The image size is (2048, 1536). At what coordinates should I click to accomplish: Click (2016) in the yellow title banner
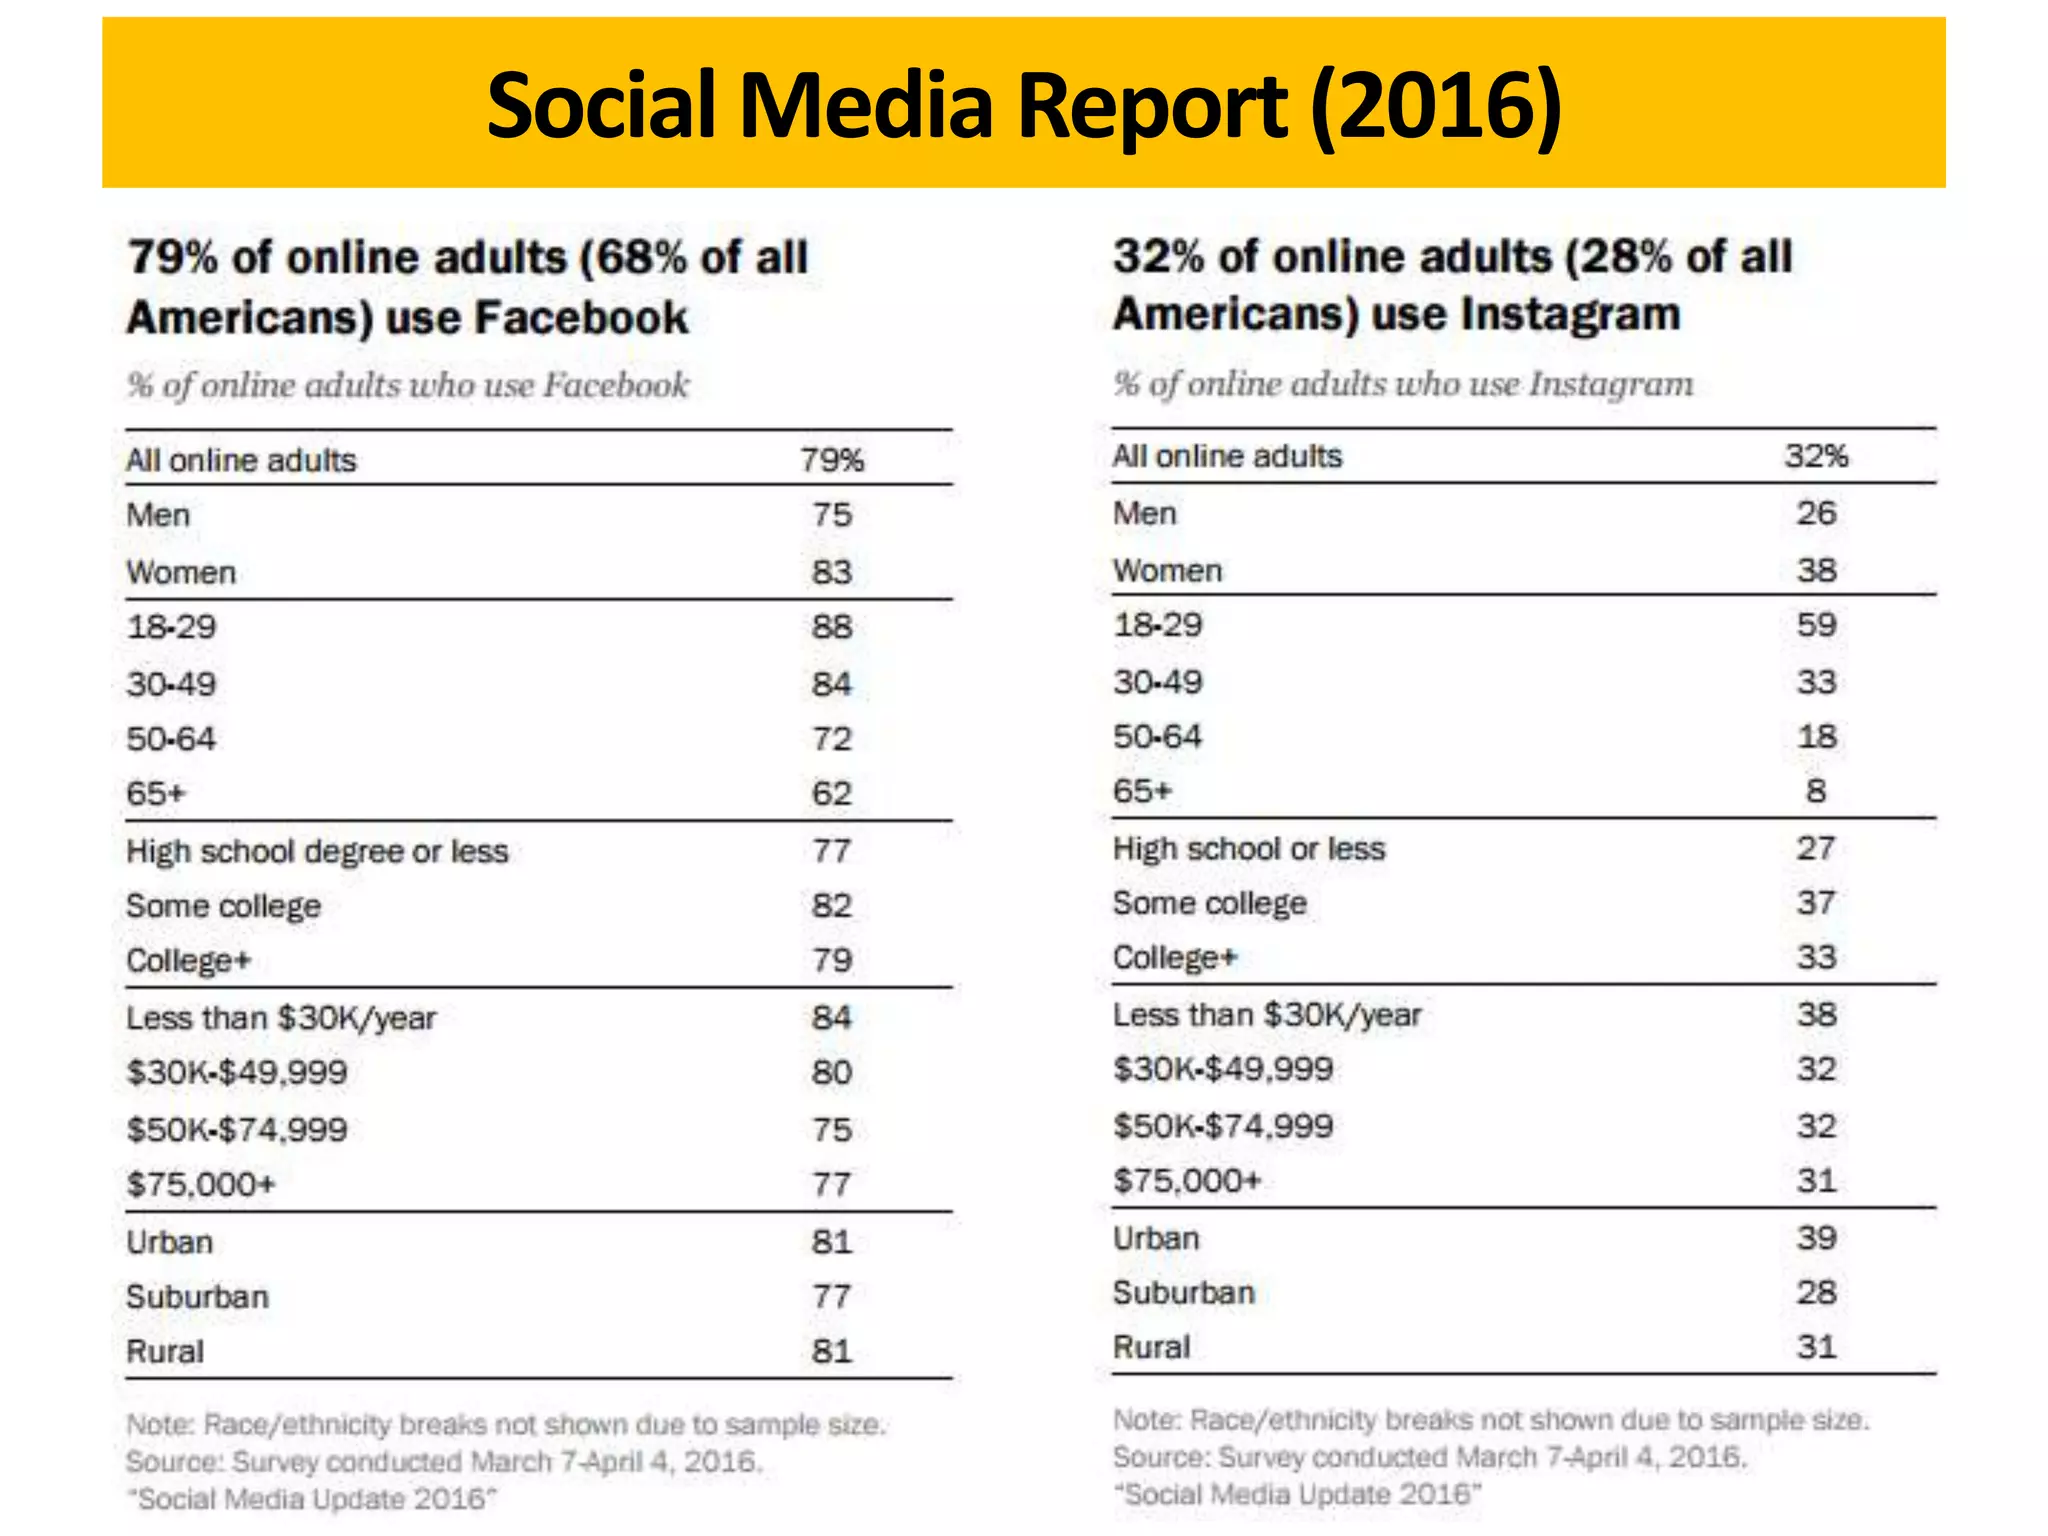click(x=1436, y=106)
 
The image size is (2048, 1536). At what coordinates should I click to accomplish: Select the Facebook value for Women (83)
click(x=831, y=572)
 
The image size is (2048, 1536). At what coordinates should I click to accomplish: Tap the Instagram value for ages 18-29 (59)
click(x=1816, y=625)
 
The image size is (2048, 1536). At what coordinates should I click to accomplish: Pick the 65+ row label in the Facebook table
click(x=156, y=794)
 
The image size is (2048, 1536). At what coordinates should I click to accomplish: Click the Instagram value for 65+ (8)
click(x=1816, y=791)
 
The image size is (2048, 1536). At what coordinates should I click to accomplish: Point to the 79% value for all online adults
click(x=831, y=460)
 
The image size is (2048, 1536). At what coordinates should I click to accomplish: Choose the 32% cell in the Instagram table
click(x=1816, y=456)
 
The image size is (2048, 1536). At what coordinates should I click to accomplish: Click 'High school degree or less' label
click(x=317, y=851)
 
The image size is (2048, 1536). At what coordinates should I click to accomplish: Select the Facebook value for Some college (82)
click(x=831, y=906)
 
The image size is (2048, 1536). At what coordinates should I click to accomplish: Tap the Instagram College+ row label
click(x=1174, y=958)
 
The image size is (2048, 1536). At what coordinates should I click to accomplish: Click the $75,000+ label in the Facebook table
click(x=200, y=1185)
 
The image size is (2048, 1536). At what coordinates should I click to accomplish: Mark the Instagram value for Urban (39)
click(x=1816, y=1238)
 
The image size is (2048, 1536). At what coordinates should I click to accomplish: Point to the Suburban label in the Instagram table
click(x=1183, y=1293)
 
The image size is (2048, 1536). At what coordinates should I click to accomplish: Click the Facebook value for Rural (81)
click(x=831, y=1352)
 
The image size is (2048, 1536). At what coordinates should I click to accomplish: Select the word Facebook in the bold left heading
click(x=580, y=318)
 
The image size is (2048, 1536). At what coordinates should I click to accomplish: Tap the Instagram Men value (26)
click(x=1816, y=513)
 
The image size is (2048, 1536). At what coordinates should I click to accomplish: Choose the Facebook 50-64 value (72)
click(x=831, y=739)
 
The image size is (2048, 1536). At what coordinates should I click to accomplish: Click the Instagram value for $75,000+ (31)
click(x=1816, y=1181)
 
